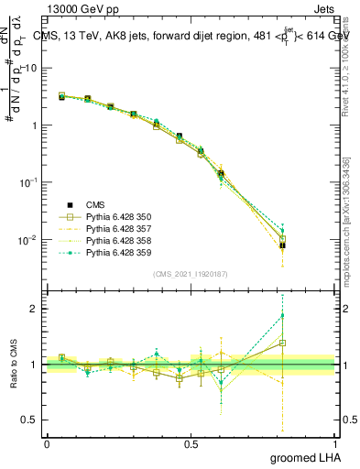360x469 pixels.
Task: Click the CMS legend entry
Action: click(x=96, y=205)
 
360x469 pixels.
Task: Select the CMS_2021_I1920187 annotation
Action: click(x=191, y=275)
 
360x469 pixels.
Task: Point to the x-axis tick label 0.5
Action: click(x=191, y=443)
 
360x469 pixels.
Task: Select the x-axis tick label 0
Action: click(x=47, y=443)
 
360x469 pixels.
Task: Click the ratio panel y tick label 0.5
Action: click(x=30, y=420)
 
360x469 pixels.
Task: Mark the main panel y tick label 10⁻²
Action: click(x=28, y=240)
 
